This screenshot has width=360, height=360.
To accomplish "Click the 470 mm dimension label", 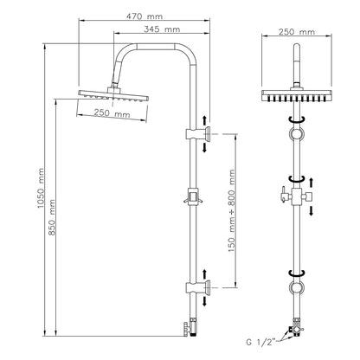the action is point(145,16).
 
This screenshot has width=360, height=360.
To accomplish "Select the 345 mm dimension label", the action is point(162,29).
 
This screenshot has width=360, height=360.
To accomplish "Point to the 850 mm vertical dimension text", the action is point(52,217).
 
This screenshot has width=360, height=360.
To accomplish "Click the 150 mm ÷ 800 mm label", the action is point(232,211).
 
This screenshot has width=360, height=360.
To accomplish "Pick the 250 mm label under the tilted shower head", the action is point(112,112).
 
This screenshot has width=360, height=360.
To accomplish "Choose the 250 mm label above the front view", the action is point(297,31).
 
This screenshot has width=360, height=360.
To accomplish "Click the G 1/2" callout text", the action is point(262,343).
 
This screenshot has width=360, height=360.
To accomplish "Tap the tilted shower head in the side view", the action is point(113,95).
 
